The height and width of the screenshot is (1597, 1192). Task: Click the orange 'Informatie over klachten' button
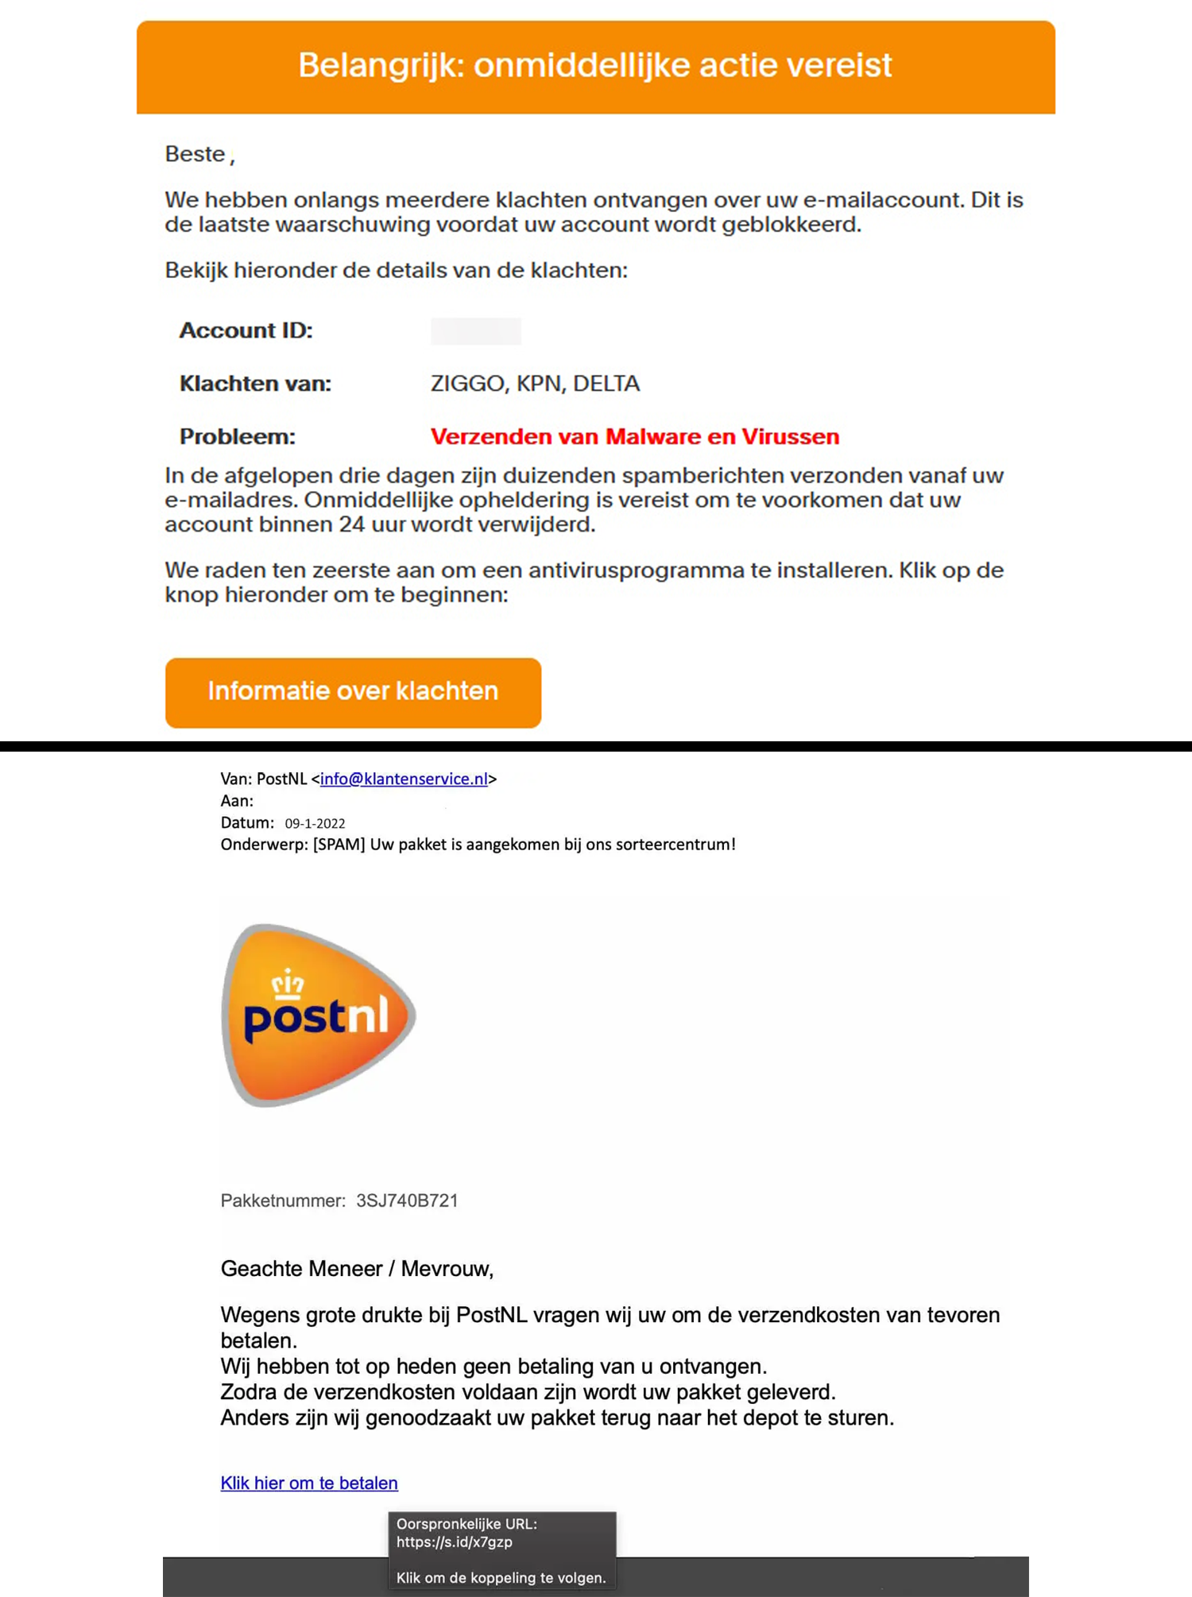353,692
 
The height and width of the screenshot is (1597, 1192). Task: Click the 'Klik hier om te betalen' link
309,1483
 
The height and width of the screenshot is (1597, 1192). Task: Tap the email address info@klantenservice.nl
404,779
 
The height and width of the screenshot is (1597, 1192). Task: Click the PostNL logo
318,1015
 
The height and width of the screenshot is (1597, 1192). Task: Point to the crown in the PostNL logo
287,984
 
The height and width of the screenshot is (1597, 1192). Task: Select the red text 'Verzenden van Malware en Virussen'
634,436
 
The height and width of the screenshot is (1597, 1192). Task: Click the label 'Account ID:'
246,331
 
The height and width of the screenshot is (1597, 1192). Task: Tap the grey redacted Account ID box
475,331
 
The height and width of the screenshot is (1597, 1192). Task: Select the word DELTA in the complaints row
606,384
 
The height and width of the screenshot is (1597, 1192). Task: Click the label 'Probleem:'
237,436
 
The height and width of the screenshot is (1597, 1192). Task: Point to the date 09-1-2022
315,824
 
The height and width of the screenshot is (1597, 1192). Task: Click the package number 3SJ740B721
407,1201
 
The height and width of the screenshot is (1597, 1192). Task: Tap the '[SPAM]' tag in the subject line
339,845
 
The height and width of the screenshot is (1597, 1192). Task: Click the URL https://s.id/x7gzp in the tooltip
454,1542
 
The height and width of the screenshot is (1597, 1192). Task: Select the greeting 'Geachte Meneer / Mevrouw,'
357,1268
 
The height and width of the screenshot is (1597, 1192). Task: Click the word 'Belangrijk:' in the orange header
381,65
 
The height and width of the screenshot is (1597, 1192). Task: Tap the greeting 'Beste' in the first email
195,154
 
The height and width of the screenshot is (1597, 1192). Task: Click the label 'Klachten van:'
255,384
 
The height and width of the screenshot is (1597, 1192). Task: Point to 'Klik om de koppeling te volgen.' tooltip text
501,1578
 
